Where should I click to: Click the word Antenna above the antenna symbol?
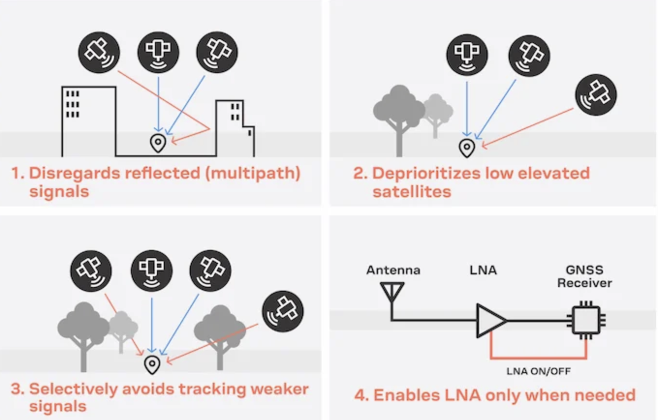click(x=393, y=270)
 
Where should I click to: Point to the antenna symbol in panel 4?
click(x=392, y=293)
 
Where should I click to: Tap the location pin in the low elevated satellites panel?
click(x=467, y=148)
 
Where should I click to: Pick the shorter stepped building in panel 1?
click(x=235, y=128)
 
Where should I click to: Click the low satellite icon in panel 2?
click(x=596, y=95)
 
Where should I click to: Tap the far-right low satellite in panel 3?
click(x=282, y=311)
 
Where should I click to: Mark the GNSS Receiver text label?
click(x=584, y=276)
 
